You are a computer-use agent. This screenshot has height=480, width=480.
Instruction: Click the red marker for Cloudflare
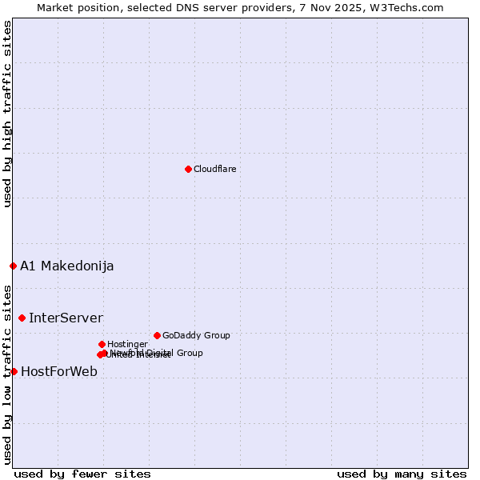click(x=188, y=169)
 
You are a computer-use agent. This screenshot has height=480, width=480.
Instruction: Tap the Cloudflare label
click(x=214, y=169)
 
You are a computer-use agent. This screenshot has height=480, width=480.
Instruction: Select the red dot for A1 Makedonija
click(x=13, y=266)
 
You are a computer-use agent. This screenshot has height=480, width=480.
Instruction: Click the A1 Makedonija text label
click(x=66, y=266)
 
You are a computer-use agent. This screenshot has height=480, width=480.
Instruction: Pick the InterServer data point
click(x=22, y=318)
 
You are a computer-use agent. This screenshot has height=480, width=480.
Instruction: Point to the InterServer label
click(x=66, y=318)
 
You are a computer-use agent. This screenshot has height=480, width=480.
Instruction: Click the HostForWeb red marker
click(x=14, y=371)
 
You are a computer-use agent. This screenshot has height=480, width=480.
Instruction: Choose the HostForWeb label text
click(x=59, y=371)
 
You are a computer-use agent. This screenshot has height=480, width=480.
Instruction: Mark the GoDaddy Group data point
click(x=157, y=335)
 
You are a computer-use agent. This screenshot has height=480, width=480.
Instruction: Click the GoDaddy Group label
click(x=196, y=335)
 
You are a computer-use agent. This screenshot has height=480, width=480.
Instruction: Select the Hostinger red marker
click(x=102, y=344)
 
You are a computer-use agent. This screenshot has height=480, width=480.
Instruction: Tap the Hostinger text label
click(x=127, y=344)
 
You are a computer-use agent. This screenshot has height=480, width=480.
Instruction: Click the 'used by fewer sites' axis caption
click(x=82, y=474)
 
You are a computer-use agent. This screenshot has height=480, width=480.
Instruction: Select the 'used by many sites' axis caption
click(x=402, y=474)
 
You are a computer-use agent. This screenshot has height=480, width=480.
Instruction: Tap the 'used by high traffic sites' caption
click(x=7, y=114)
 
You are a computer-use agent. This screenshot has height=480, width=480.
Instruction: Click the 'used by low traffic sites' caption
click(x=7, y=374)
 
